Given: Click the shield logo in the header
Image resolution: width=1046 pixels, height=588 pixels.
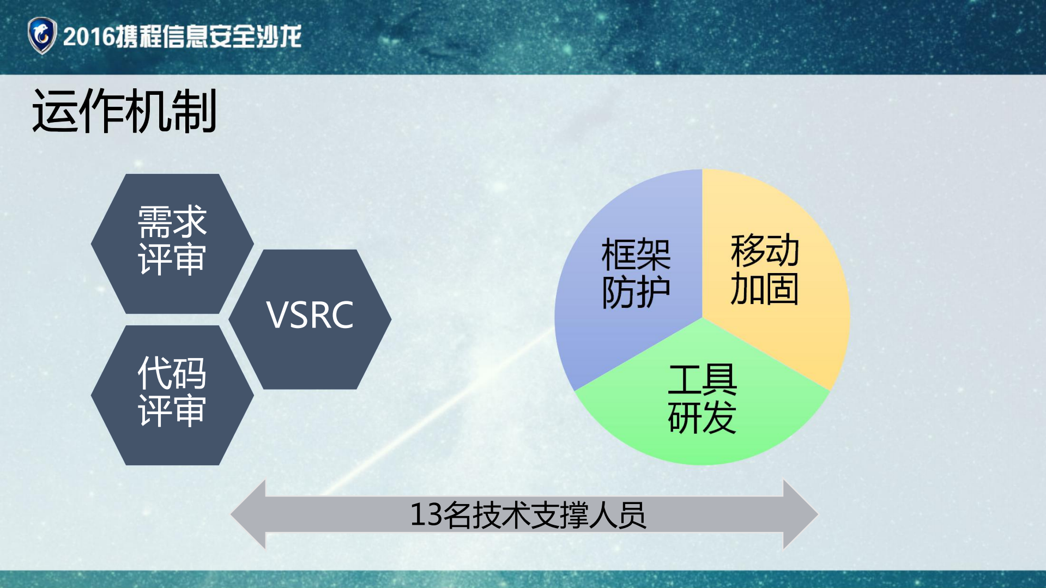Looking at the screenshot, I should pyautogui.click(x=42, y=35).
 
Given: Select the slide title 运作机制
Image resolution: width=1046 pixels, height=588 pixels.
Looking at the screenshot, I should pyautogui.click(x=124, y=111).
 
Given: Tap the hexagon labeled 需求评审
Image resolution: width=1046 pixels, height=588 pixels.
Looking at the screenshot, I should pyautogui.click(x=172, y=243).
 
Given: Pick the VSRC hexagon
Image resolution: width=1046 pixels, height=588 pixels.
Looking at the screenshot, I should pyautogui.click(x=310, y=319).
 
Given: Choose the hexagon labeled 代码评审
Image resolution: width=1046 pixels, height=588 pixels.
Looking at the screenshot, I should pyautogui.click(x=172, y=395).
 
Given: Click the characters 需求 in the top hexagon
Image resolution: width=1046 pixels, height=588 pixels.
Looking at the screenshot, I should pyautogui.click(x=172, y=222).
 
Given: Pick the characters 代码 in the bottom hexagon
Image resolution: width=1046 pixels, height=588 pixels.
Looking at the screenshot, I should pyautogui.click(x=172, y=373).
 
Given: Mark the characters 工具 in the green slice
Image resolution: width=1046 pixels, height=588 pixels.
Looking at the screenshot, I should pyautogui.click(x=702, y=380).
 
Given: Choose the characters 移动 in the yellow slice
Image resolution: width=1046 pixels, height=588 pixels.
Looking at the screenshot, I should pyautogui.click(x=765, y=250).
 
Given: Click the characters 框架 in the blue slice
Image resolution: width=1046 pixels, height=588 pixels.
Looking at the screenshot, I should pyautogui.click(x=636, y=254).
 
